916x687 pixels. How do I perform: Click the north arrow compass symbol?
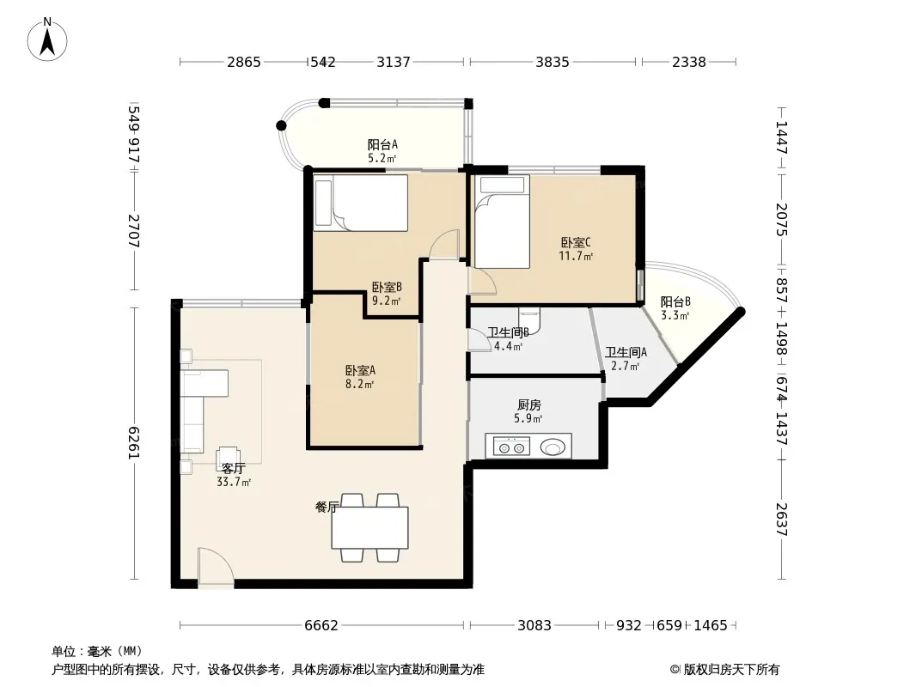click(x=47, y=40)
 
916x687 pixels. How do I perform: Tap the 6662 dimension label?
click(x=321, y=626)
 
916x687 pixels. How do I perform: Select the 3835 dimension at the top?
click(x=552, y=62)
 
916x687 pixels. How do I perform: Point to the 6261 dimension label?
click(x=134, y=443)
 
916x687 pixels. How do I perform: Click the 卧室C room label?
click(x=576, y=242)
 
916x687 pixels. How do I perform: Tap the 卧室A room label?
click(x=360, y=371)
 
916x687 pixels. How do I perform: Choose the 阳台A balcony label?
click(x=382, y=145)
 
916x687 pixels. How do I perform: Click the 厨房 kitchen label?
click(x=528, y=405)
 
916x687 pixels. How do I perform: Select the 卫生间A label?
click(x=626, y=353)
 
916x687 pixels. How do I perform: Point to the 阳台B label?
click(x=675, y=301)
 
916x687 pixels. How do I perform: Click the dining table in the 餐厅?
click(x=369, y=527)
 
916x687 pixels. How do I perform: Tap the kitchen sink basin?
click(x=553, y=447)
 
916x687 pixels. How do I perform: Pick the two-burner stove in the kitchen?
click(x=512, y=447)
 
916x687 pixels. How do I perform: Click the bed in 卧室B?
click(x=360, y=203)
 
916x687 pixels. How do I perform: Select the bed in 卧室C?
click(x=501, y=222)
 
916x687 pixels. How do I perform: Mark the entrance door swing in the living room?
click(x=216, y=567)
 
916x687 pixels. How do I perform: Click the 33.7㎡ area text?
click(x=234, y=482)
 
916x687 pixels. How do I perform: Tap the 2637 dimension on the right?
click(x=782, y=519)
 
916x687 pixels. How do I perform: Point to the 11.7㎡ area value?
click(x=576, y=256)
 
